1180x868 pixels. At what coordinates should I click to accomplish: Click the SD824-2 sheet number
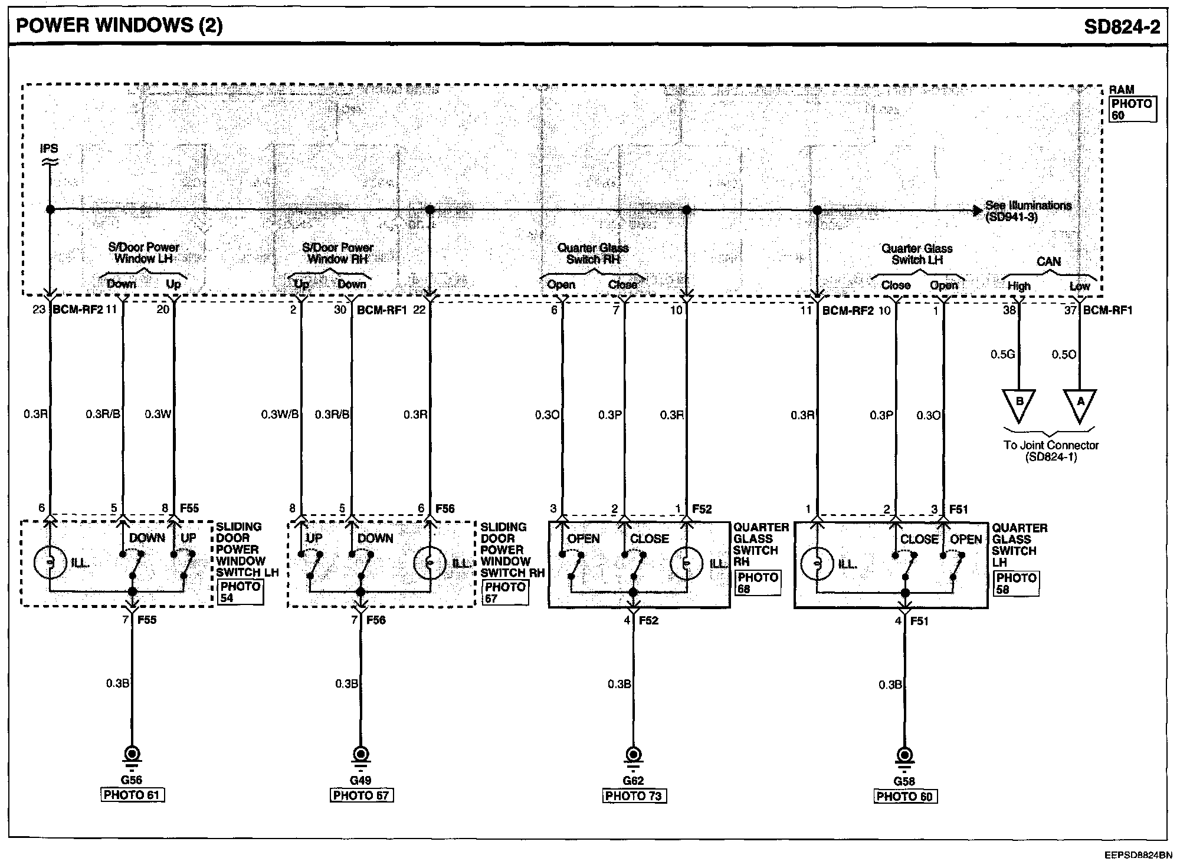click(x=1122, y=27)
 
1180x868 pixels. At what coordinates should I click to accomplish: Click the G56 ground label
click(x=132, y=780)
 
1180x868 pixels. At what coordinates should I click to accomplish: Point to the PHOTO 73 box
click(x=634, y=796)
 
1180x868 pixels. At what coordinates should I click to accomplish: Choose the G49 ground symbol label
click(x=360, y=781)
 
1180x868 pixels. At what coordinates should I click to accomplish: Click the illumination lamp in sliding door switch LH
click(x=51, y=563)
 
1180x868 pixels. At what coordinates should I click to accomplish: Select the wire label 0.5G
click(x=1002, y=354)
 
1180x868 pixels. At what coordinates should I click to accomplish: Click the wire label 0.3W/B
click(x=280, y=415)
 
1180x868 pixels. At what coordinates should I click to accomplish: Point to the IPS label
click(x=49, y=149)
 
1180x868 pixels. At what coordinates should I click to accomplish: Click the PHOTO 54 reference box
click(x=240, y=592)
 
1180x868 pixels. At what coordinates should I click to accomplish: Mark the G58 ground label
click(x=904, y=781)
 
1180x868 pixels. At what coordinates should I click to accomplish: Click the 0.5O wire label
click(x=1064, y=354)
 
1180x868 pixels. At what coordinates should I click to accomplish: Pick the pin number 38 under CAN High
click(x=1009, y=310)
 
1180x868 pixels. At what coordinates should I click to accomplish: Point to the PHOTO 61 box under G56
click(x=132, y=795)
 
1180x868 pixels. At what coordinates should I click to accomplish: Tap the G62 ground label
click(x=634, y=781)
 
